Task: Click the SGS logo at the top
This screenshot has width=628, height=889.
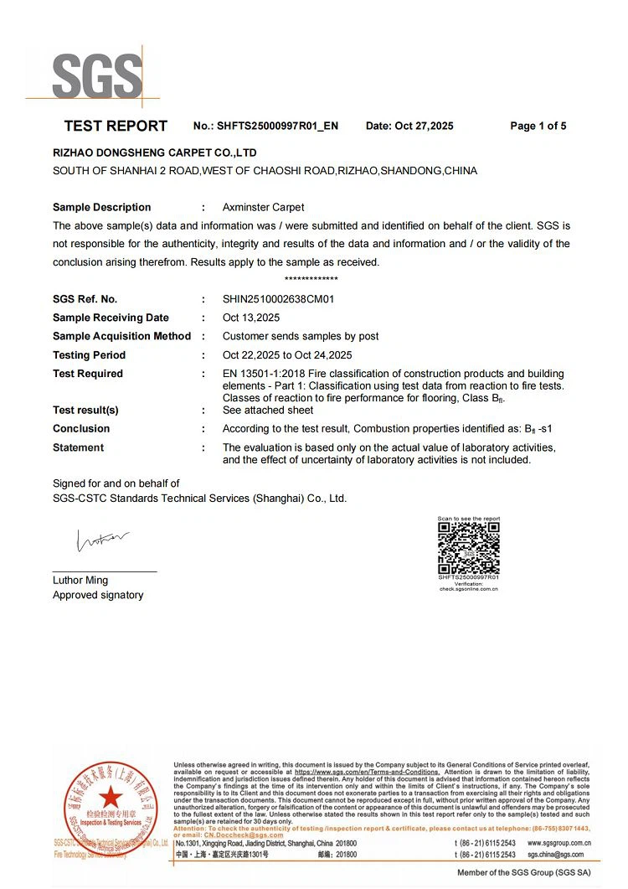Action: (x=96, y=76)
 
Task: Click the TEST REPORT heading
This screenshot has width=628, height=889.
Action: (x=116, y=127)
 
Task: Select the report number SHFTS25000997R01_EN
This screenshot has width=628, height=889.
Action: (x=278, y=127)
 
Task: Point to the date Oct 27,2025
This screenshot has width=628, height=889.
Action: (x=424, y=127)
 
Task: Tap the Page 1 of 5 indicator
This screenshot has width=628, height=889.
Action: (x=538, y=127)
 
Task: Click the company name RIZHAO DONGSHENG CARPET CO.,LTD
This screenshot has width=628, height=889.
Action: (x=155, y=153)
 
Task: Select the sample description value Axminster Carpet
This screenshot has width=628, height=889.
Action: (x=263, y=207)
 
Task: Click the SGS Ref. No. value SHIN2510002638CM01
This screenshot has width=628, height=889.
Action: (x=279, y=299)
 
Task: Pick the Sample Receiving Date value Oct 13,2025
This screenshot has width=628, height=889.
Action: (x=251, y=318)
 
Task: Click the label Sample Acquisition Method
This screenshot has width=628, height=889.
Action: (x=121, y=336)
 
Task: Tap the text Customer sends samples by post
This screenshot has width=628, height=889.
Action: (x=301, y=336)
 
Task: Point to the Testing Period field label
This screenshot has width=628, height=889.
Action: (x=89, y=355)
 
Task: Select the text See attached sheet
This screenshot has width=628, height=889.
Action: (x=268, y=410)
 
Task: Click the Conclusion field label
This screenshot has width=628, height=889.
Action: (x=81, y=429)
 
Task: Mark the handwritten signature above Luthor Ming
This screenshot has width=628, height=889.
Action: (x=103, y=540)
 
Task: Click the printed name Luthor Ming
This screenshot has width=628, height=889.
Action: (x=80, y=580)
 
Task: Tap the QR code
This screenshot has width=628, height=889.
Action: (x=469, y=548)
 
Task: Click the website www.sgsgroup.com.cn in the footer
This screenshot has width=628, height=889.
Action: (x=559, y=843)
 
